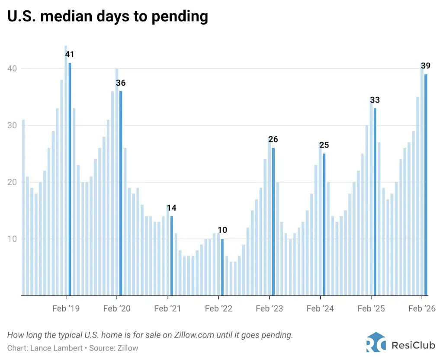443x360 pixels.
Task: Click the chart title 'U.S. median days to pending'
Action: click(108, 16)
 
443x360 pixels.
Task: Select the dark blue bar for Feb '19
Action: click(70, 179)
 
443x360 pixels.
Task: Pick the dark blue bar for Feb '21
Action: click(171, 256)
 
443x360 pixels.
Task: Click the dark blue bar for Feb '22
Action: click(222, 267)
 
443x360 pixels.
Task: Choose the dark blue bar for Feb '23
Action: click(273, 222)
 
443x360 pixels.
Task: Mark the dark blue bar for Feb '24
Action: click(324, 225)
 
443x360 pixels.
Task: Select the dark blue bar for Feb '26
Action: click(426, 185)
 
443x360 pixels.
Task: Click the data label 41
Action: click(70, 55)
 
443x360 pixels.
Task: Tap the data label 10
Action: click(222, 230)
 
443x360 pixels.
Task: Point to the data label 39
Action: click(426, 66)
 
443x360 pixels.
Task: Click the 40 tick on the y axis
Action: click(13, 69)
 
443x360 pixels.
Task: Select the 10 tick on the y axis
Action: click(13, 239)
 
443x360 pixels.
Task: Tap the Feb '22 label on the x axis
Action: click(218, 309)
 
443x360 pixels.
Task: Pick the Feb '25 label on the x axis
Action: click(371, 309)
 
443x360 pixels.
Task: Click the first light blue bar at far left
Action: click(23, 208)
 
